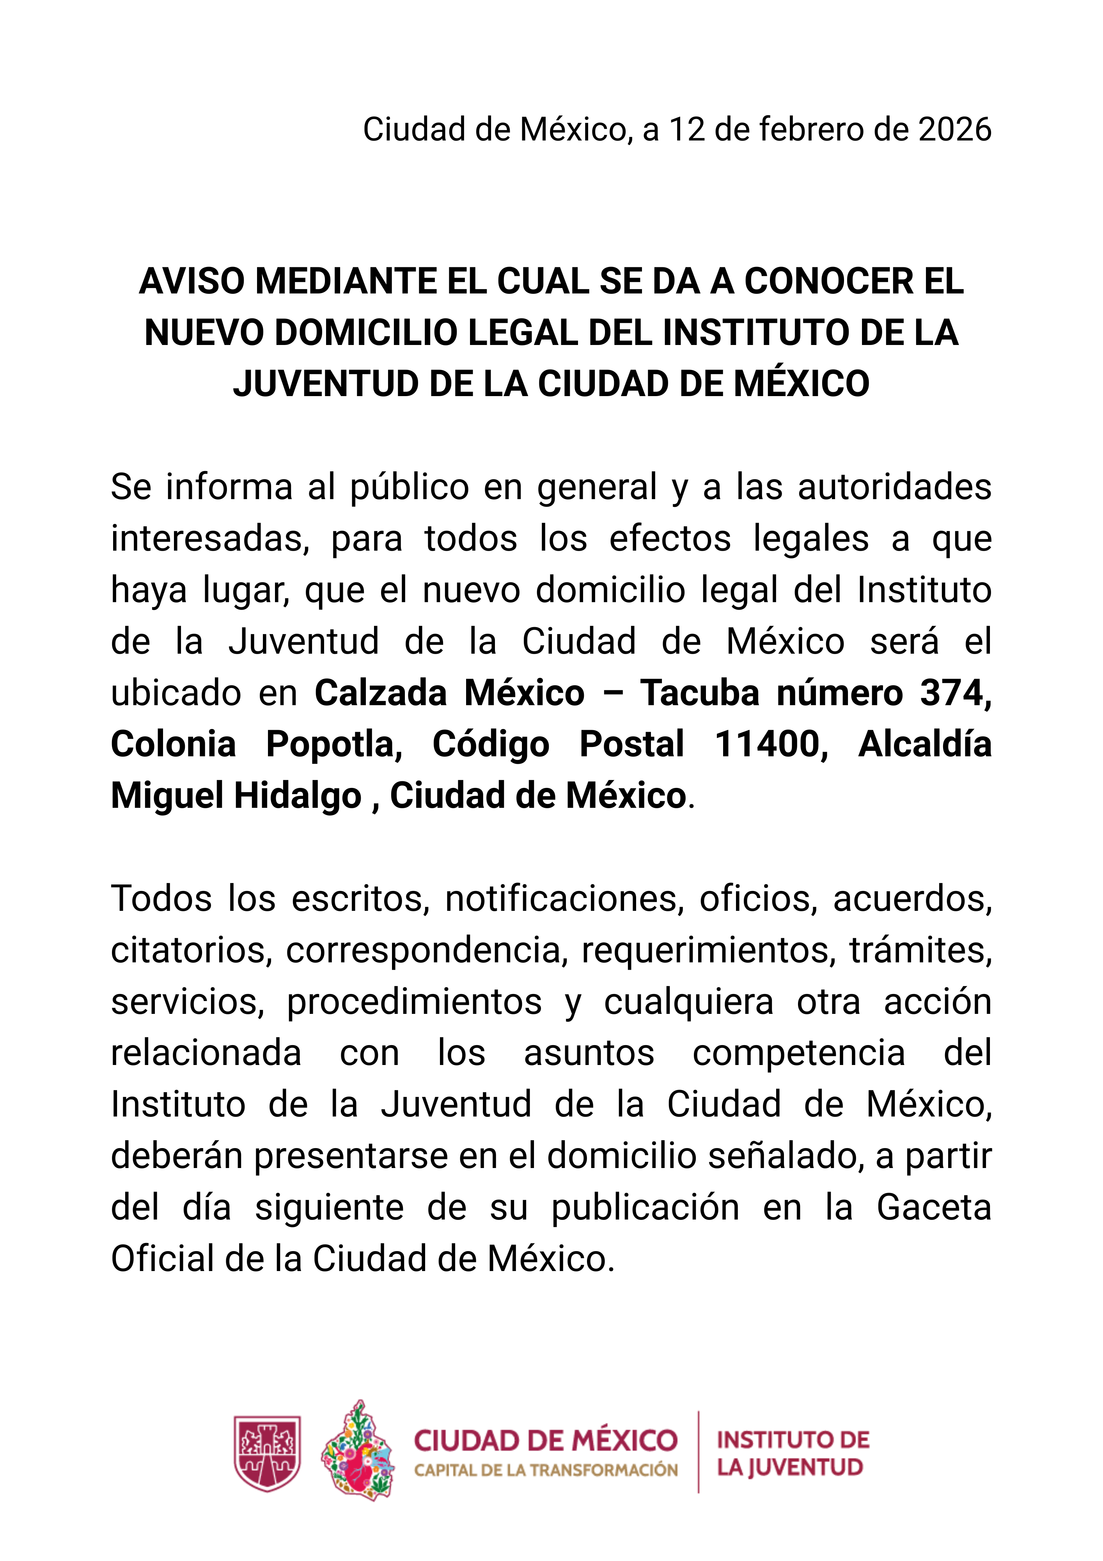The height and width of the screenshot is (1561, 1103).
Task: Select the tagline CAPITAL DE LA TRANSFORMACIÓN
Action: tap(546, 1470)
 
